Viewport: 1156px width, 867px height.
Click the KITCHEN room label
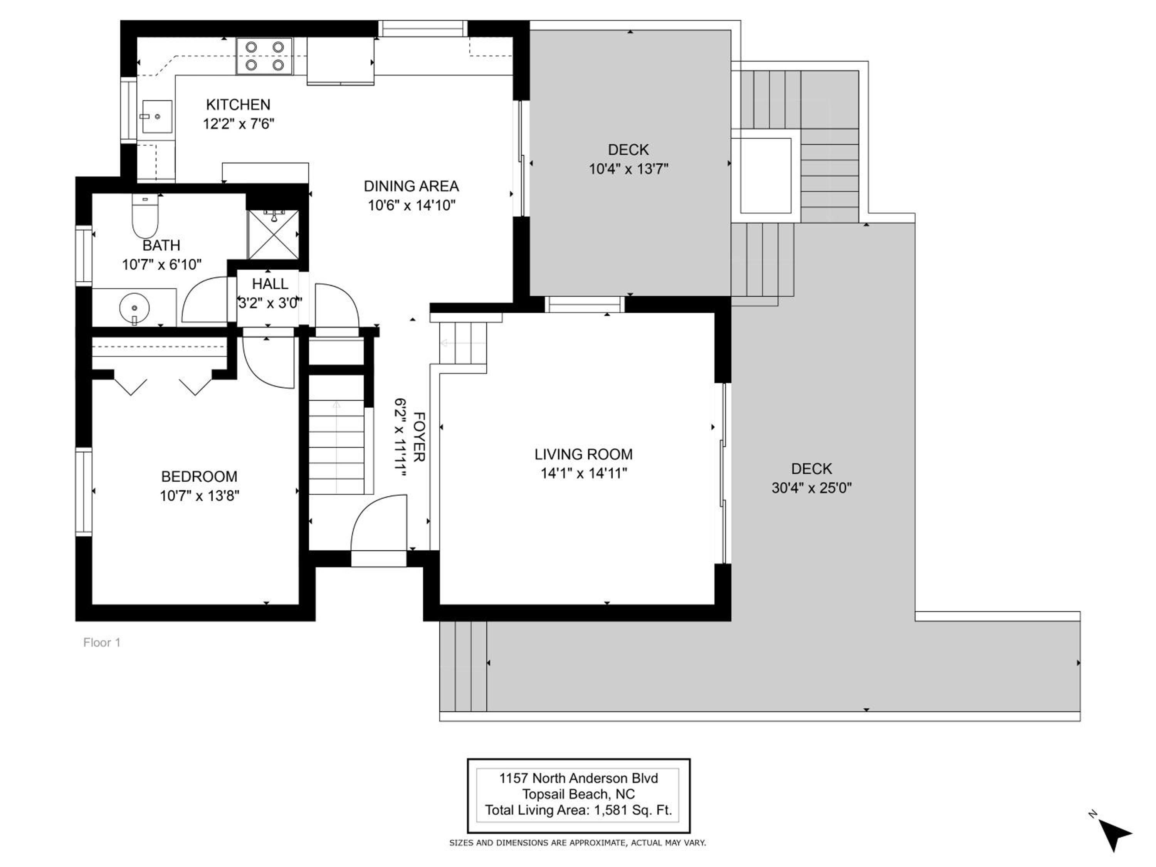click(238, 104)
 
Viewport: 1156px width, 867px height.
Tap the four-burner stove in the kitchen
click(264, 56)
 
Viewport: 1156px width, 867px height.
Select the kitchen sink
click(157, 116)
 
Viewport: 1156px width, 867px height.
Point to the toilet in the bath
click(145, 216)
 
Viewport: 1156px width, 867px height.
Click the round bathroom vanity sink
click(134, 308)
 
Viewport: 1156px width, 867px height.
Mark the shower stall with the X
click(273, 235)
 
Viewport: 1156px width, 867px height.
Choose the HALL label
click(270, 284)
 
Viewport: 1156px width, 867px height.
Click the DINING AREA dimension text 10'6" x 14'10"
click(412, 205)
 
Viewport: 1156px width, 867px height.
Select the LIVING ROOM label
click(583, 454)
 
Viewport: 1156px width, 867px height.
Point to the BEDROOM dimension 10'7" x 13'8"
click(200, 496)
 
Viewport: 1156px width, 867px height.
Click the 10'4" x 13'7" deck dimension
click(629, 169)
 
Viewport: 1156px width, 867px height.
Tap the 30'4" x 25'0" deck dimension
click(812, 487)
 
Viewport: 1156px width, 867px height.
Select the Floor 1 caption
click(102, 642)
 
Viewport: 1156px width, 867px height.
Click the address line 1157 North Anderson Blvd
click(578, 778)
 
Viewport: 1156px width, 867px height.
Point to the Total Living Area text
click(578, 810)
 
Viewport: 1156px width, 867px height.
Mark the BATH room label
click(161, 245)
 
